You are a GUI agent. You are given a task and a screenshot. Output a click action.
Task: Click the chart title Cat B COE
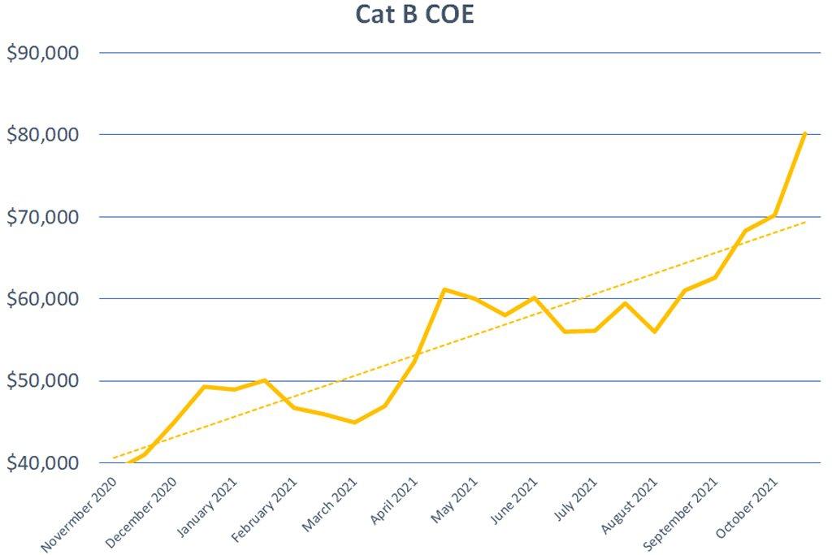414,15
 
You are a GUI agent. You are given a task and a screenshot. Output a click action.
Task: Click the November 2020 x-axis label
80,514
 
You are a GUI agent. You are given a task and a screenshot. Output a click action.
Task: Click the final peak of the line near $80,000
804,132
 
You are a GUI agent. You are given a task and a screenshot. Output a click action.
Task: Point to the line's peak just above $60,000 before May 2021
444,289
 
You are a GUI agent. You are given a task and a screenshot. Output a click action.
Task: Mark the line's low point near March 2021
354,422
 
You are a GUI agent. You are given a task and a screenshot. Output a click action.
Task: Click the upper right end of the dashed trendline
804,222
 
